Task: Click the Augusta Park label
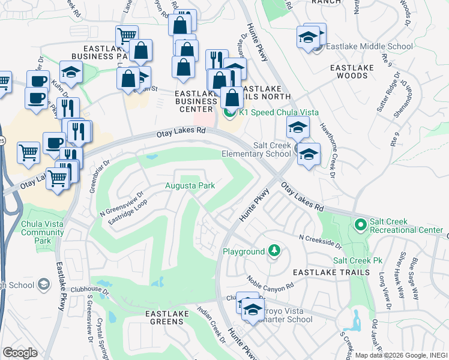(x=190, y=186)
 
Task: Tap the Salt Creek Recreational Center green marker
(x=360, y=225)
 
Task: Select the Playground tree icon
(x=274, y=250)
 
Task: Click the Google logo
(x=20, y=352)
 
